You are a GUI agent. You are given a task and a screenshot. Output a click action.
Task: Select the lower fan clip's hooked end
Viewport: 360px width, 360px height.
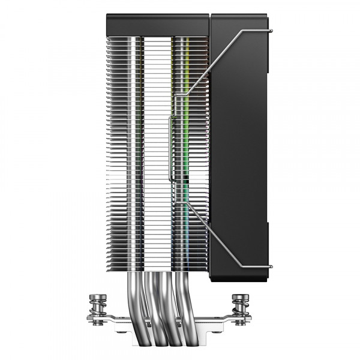(270, 265)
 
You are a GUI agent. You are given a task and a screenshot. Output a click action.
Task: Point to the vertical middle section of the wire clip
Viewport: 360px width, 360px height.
(174, 150)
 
